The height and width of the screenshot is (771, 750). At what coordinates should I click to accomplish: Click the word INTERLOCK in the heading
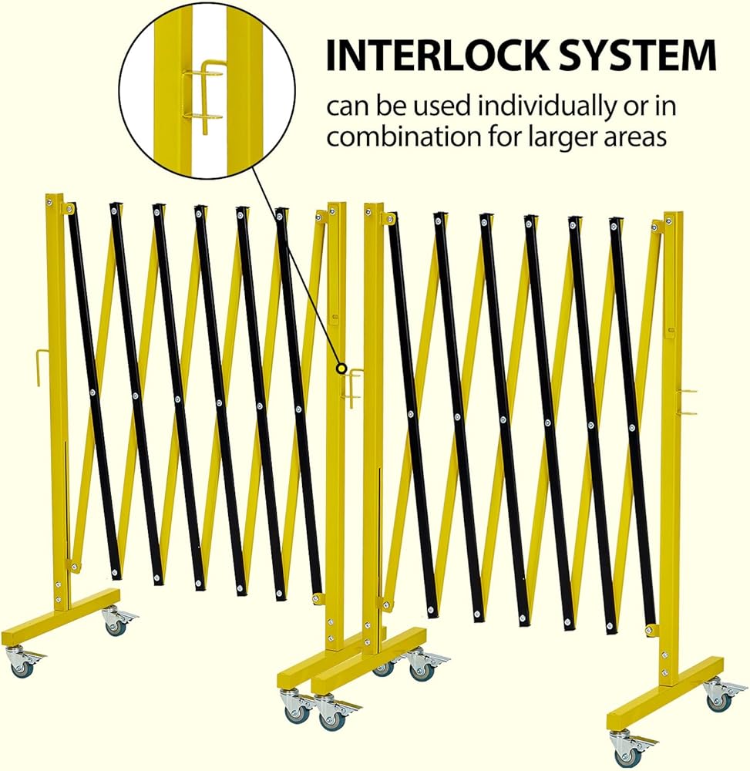coord(437,55)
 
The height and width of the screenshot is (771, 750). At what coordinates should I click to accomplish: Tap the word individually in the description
coord(548,108)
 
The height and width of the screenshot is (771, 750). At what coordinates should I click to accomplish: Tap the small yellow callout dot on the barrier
coord(341,369)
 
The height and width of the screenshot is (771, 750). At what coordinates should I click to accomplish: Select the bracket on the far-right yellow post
coord(686,402)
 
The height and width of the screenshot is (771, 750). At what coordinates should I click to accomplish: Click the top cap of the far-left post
coord(55,196)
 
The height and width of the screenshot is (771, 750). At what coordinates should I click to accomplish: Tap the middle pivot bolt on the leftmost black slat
coord(92,392)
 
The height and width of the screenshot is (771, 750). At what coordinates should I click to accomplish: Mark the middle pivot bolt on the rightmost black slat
coord(632,426)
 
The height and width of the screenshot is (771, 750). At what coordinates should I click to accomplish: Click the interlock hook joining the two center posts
coord(352,387)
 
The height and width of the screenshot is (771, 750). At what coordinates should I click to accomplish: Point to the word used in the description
coord(442,106)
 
